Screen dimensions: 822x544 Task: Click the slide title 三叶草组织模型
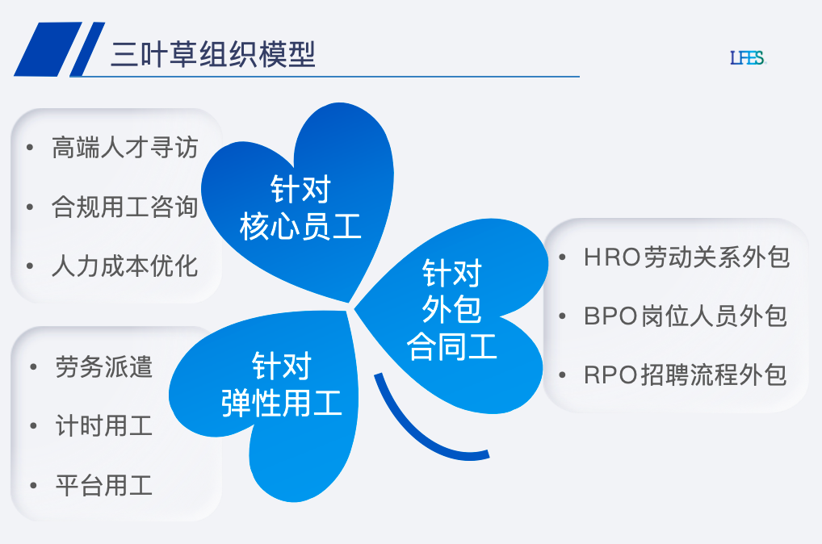pos(212,55)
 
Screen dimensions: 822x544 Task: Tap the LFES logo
pos(747,58)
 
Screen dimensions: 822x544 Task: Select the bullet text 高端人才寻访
pos(124,148)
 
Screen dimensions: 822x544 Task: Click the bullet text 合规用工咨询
pos(124,207)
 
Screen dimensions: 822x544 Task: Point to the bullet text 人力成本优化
pos(124,266)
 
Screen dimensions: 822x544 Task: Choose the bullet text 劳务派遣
pos(103,366)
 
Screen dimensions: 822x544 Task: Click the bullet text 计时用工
pos(103,426)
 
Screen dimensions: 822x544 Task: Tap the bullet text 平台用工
pos(103,486)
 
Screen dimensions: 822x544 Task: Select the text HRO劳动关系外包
pos(686,257)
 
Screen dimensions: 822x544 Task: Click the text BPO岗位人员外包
pos(685,316)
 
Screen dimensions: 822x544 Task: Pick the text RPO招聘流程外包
pos(685,375)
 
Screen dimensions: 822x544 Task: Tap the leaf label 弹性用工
pos(282,402)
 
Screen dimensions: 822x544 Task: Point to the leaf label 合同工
pos(451,347)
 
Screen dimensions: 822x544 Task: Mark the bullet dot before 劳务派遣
pos(33,367)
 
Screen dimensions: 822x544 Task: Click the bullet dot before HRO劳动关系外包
pos(562,257)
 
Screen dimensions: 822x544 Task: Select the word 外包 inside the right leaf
pos(451,309)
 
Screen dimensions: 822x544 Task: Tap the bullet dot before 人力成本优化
pos(30,266)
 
